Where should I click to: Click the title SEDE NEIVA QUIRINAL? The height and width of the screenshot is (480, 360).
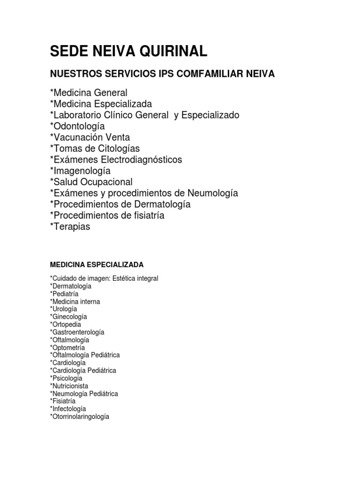[128, 52]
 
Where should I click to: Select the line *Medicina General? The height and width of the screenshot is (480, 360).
[89, 93]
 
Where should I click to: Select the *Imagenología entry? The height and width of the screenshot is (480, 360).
[80, 171]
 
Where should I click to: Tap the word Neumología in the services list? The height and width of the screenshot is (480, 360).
[213, 193]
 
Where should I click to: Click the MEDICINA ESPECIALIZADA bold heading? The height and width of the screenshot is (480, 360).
[97, 265]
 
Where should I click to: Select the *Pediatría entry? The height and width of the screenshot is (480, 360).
[64, 294]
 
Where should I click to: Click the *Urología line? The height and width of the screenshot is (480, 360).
[63, 309]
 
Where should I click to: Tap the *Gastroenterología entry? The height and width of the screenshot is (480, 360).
[77, 332]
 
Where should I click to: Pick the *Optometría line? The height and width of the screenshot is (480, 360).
[67, 348]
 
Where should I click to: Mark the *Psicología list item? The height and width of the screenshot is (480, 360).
[66, 378]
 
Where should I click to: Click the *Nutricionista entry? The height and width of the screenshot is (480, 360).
[69, 386]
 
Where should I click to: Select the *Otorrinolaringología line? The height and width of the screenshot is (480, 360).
[79, 417]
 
